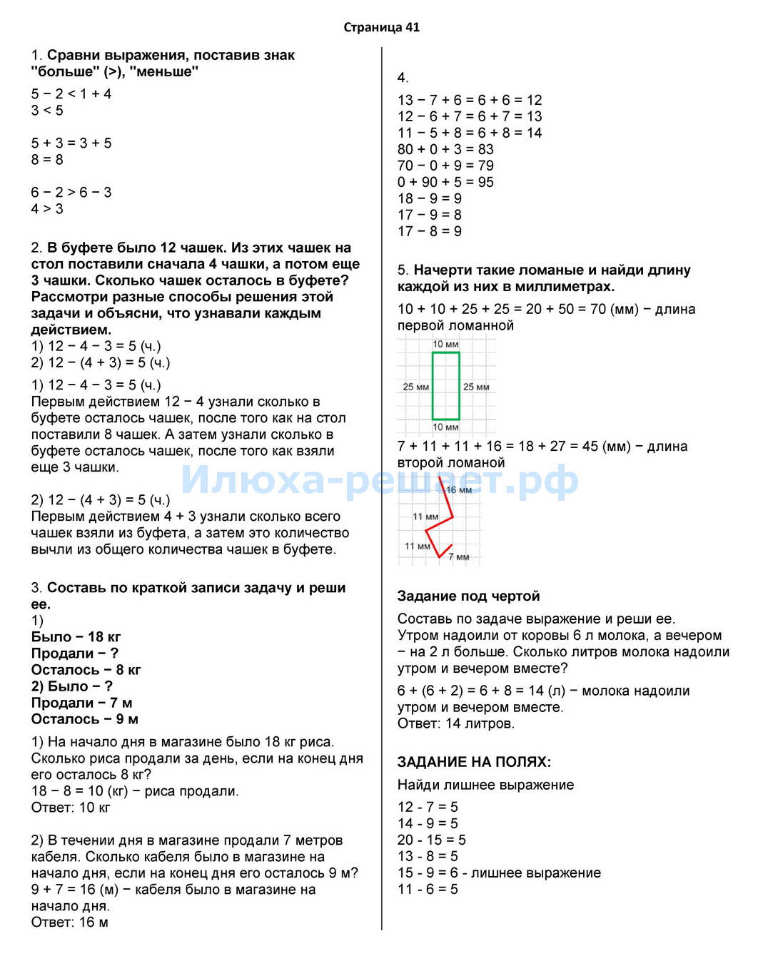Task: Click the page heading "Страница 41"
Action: coord(381,28)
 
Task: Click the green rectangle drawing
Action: coord(445,386)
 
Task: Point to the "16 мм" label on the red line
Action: coord(459,490)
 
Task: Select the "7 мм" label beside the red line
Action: coord(459,557)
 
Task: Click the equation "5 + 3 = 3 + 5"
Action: coord(71,143)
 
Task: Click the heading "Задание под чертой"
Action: coord(468,596)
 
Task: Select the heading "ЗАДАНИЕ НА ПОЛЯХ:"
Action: coord(474,762)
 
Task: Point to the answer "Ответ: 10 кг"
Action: coord(71,808)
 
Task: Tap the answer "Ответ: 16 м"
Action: coord(69,922)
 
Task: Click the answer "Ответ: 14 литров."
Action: coord(455,723)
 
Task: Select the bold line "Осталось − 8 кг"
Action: coord(86,670)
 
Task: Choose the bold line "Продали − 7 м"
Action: coord(81,703)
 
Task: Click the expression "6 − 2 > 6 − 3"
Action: coord(71,193)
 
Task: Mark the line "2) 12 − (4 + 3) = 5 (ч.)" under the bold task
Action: coord(101,362)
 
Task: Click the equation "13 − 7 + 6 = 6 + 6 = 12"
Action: coord(470,100)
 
